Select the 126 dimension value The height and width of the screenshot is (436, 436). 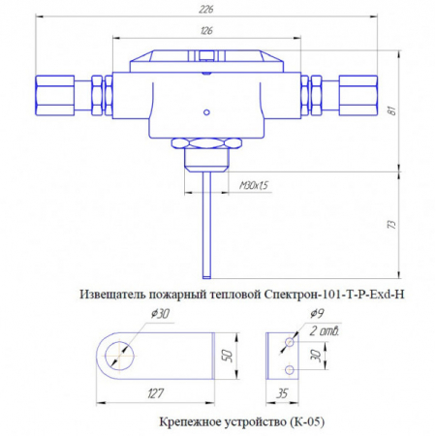205,31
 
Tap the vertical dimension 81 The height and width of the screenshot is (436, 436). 391,109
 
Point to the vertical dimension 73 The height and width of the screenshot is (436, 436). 391,224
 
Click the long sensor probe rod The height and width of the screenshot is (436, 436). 206,223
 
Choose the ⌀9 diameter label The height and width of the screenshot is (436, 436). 317,314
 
